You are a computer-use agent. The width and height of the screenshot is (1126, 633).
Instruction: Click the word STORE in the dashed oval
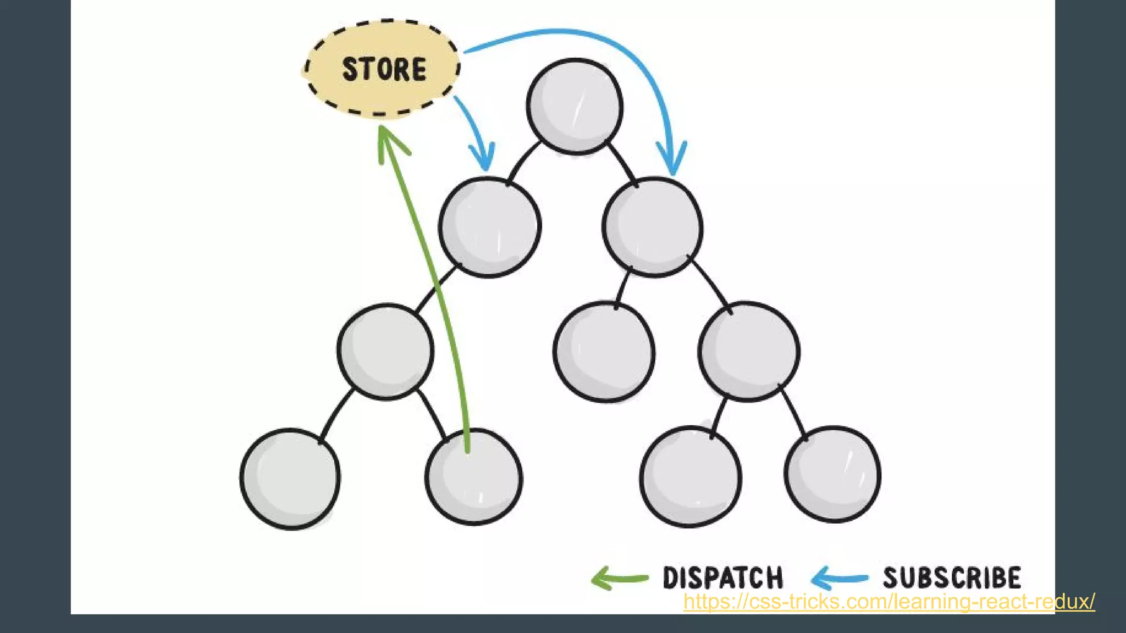click(384, 69)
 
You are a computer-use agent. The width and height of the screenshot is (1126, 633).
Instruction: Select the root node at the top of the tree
click(575, 106)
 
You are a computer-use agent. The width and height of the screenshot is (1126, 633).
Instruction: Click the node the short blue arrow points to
click(489, 226)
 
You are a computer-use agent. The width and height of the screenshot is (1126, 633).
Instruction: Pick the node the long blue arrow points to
click(652, 226)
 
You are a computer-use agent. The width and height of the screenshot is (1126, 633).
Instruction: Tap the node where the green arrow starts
click(473, 477)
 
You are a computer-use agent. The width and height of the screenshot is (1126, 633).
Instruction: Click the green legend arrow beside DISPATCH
click(619, 578)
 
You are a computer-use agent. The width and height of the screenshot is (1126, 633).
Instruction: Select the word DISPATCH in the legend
click(722, 578)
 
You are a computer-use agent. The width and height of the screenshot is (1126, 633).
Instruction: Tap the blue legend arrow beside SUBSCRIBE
click(839, 578)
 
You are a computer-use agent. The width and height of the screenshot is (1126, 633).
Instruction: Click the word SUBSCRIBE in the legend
click(952, 578)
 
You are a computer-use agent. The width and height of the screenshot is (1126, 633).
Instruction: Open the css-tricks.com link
click(888, 602)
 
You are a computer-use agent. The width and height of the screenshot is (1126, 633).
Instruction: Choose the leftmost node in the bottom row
click(290, 479)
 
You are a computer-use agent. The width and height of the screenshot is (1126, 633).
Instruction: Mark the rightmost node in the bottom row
click(832, 474)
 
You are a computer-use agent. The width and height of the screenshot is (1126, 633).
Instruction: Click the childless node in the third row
click(604, 352)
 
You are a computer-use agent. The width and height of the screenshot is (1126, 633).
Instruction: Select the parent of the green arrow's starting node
click(385, 351)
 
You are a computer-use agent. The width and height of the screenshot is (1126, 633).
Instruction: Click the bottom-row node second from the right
click(691, 476)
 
